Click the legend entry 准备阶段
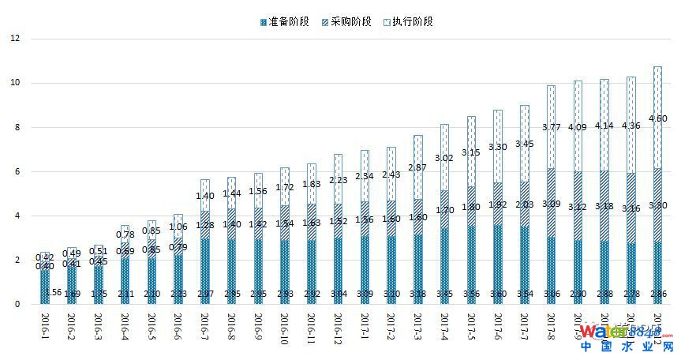tap(289, 21)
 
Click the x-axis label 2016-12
tap(337, 326)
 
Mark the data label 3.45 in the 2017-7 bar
tap(526, 144)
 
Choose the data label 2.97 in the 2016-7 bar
tap(204, 294)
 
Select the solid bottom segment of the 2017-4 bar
tap(444, 261)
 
